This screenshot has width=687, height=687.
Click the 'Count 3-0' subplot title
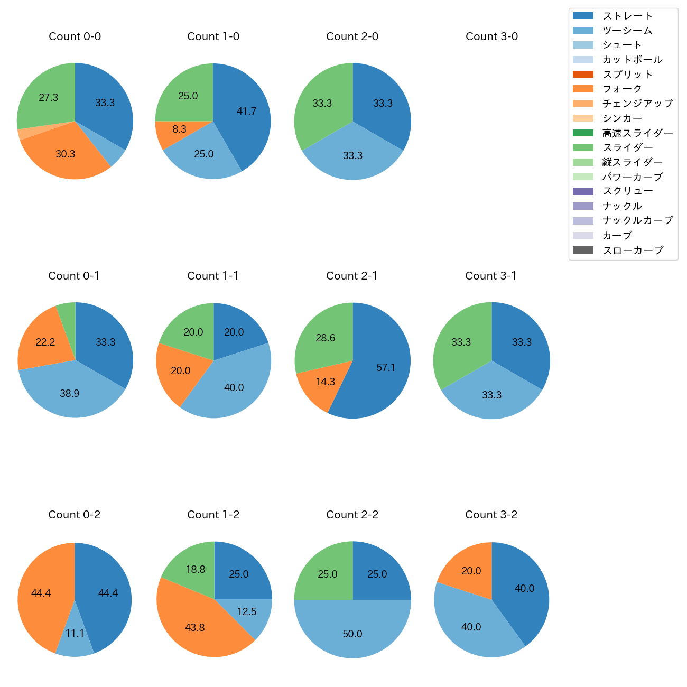[491, 36]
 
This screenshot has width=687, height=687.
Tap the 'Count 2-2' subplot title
[352, 515]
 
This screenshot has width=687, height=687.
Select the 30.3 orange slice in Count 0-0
[66, 155]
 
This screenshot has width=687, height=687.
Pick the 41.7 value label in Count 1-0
[246, 112]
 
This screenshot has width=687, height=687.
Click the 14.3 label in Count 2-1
[326, 382]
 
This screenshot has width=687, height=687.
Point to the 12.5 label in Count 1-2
[247, 612]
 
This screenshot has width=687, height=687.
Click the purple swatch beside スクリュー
[583, 191]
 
